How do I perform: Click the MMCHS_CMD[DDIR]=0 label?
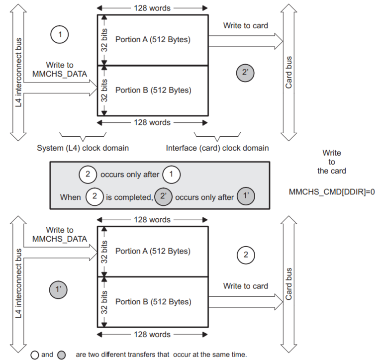pyautogui.click(x=332, y=192)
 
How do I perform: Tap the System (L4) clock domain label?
pyautogui.click(x=83, y=148)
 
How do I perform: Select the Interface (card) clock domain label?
pyautogui.click(x=217, y=148)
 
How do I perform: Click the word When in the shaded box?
pyautogui.click(x=71, y=197)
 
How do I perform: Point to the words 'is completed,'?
pyautogui.click(x=129, y=197)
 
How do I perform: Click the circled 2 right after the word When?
pyautogui.click(x=95, y=196)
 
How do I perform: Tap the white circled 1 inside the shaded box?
pyautogui.click(x=172, y=175)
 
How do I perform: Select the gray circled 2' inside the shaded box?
pyautogui.click(x=163, y=196)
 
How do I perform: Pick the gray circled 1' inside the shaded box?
pyautogui.click(x=246, y=196)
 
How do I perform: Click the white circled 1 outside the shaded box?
pyautogui.click(x=60, y=35)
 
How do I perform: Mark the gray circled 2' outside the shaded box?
pyautogui.click(x=245, y=73)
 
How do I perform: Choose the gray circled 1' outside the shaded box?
pyautogui.click(x=58, y=289)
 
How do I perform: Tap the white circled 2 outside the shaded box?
pyautogui.click(x=246, y=255)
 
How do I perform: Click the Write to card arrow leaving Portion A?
pyautogui.click(x=246, y=41)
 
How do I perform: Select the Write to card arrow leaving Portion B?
pyautogui.click(x=246, y=302)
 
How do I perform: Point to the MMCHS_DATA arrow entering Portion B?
pyautogui.click(x=61, y=88)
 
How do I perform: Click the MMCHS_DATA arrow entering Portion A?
pyautogui.click(x=61, y=253)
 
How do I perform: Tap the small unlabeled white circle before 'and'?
pyautogui.click(x=35, y=355)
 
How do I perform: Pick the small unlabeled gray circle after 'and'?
pyautogui.click(x=61, y=355)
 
